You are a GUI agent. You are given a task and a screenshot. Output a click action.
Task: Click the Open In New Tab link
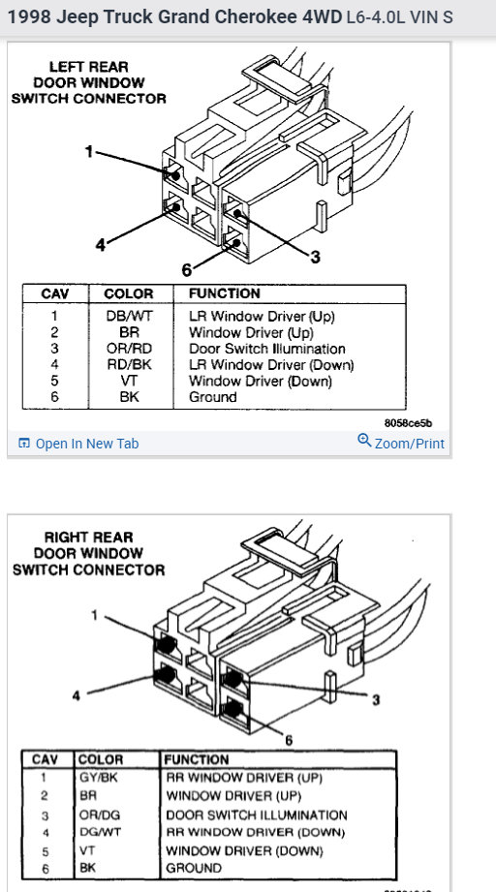[x=78, y=444]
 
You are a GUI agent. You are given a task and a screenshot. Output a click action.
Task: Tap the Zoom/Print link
[x=401, y=443]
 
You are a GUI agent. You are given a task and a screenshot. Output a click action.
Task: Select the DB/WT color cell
[x=130, y=317]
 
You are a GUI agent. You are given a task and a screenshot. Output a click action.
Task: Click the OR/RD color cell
[x=130, y=349]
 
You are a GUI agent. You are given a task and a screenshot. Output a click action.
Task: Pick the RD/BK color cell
[x=130, y=365]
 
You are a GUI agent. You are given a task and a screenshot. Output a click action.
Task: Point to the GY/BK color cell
[x=99, y=777]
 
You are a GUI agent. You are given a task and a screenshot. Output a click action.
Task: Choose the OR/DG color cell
[x=100, y=815]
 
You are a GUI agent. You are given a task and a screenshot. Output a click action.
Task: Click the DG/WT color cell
[x=100, y=832]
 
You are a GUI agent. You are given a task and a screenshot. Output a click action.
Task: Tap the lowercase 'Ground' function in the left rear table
[x=213, y=397]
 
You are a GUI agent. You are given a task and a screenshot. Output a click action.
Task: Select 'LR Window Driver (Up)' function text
[x=262, y=317]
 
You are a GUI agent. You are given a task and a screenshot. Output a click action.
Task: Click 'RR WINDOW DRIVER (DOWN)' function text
[x=256, y=833]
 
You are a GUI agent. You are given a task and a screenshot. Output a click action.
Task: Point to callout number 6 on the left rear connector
[x=187, y=270]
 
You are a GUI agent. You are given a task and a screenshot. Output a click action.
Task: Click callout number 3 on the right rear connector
[x=376, y=699]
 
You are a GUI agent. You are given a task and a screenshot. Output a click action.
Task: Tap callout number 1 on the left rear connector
[x=89, y=152]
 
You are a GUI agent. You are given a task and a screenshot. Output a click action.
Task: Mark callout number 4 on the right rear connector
[x=77, y=695]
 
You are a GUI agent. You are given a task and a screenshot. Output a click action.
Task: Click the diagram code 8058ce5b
[x=408, y=423]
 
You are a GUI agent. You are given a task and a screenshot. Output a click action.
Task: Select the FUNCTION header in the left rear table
[x=224, y=293]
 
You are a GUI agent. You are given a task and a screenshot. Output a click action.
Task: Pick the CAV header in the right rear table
[x=46, y=760]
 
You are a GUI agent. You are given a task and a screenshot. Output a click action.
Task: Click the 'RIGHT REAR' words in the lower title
[x=89, y=538]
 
